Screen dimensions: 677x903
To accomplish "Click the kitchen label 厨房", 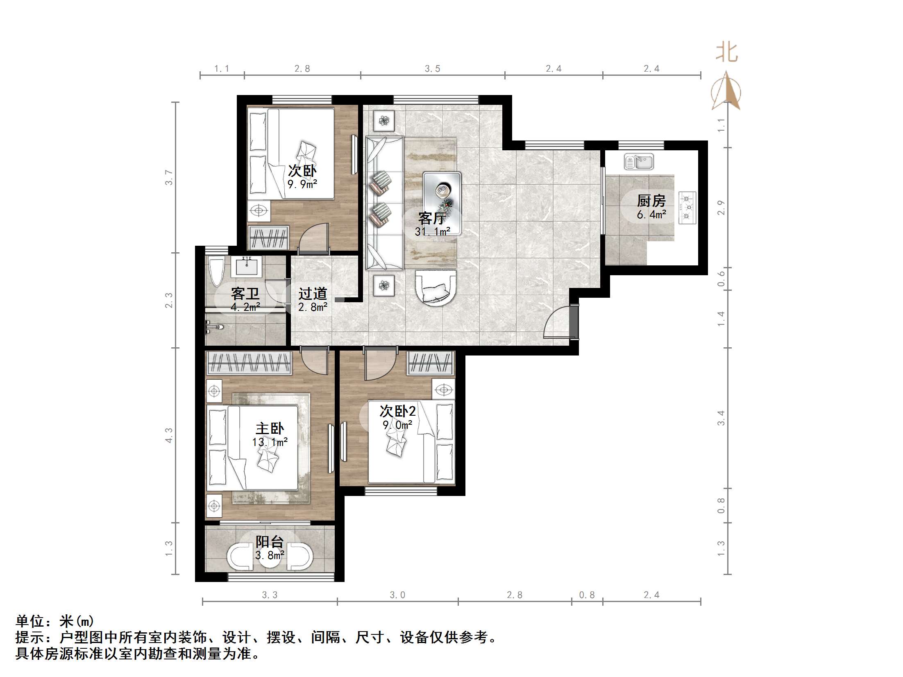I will (651, 201).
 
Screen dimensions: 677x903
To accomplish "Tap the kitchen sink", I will (639, 161).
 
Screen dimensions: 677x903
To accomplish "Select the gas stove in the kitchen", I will (687, 208).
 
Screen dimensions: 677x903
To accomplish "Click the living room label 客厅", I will (432, 218).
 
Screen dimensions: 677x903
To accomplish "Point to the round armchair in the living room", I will (436, 287).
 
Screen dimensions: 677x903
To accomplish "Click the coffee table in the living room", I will (442, 203).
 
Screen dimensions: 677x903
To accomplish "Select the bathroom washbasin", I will (247, 266).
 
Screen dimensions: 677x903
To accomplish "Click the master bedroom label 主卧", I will (269, 429).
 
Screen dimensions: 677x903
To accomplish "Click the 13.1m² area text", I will (270, 442).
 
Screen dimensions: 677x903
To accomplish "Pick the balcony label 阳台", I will (269, 542).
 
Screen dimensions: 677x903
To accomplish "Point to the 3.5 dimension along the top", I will (432, 69).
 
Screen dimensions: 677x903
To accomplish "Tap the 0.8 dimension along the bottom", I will (587, 595).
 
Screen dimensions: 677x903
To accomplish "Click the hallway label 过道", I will (313, 293).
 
